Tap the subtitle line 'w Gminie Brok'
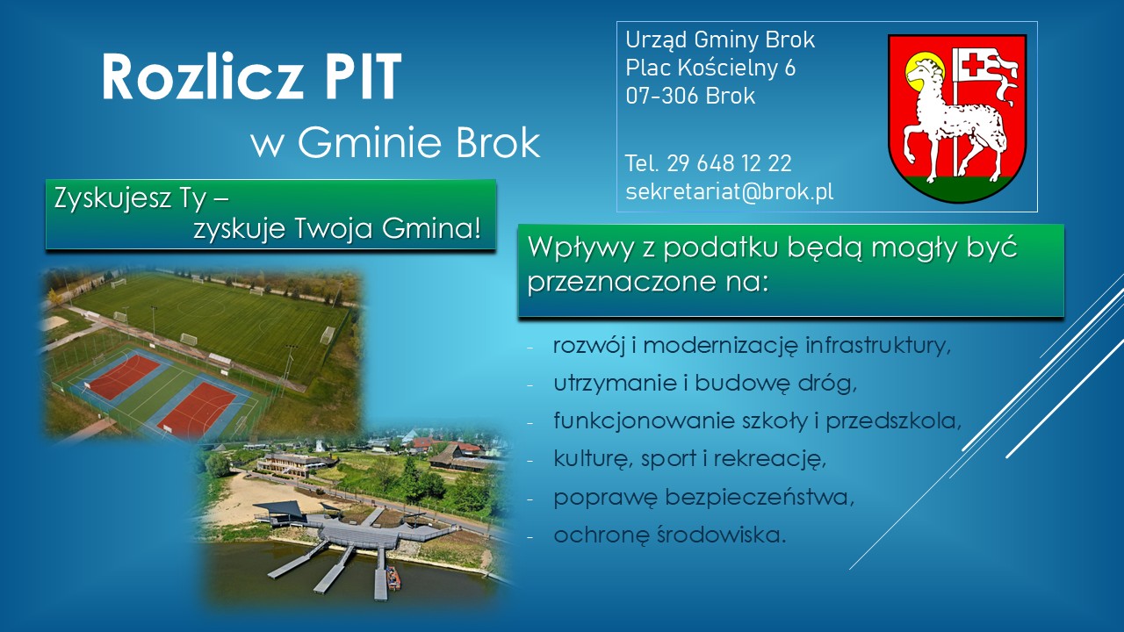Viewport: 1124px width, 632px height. tap(395, 143)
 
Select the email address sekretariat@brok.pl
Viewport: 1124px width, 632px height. tap(729, 192)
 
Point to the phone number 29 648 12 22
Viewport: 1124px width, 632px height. tap(729, 163)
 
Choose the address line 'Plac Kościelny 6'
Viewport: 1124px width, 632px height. tap(710, 68)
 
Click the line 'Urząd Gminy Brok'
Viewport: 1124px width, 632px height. tap(720, 39)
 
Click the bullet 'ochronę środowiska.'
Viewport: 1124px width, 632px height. tap(669, 535)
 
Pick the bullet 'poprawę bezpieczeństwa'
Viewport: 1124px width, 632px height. tap(703, 497)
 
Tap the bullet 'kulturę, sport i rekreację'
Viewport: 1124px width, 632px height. tap(690, 459)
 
